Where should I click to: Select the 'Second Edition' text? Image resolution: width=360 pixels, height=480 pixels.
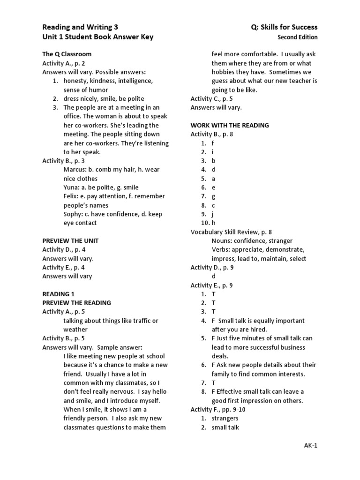[x=297, y=37]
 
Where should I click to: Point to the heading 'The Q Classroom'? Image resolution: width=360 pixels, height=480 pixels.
[x=67, y=54]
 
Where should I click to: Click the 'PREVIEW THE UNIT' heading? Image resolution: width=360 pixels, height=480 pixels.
[x=70, y=240]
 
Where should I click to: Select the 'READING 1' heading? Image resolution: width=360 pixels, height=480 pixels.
[x=59, y=294]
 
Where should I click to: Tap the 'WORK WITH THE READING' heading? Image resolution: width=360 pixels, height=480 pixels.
[x=230, y=125]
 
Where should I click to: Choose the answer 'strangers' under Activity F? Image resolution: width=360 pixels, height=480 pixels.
[x=225, y=419]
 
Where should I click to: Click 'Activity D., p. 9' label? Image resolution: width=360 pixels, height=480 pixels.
[x=212, y=268]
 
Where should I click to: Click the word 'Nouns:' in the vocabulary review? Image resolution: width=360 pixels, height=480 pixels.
[x=222, y=241]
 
